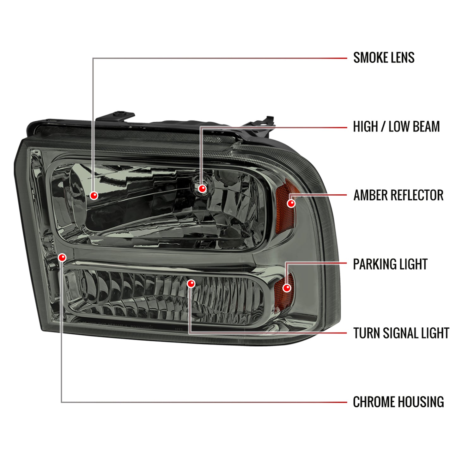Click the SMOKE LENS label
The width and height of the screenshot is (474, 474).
pos(384,58)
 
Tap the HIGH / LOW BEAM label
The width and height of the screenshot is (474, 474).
pos(396,127)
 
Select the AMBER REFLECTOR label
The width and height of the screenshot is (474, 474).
pos(398,195)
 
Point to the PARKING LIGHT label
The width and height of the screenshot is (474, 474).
pos(390,264)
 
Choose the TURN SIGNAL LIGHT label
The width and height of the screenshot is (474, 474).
pos(401,333)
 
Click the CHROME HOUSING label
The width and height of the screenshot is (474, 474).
pos(398,402)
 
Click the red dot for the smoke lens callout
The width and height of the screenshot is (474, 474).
pos(94,196)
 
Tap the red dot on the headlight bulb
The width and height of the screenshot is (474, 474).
pos(202,189)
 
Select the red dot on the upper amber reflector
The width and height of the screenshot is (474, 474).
pos(291,203)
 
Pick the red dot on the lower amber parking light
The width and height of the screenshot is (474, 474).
pos(287,288)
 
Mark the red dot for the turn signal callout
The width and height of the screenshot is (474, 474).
pos(191,284)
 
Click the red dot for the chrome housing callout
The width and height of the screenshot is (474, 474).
pos(62,258)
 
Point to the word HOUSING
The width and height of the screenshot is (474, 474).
pos(421,402)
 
